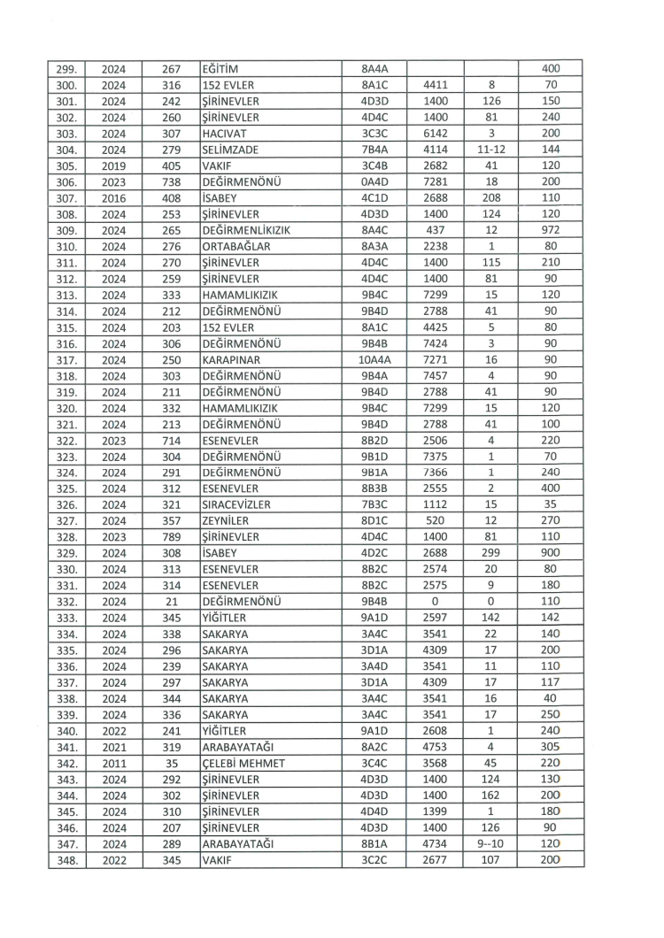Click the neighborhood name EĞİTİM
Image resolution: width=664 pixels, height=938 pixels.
click(x=222, y=69)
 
